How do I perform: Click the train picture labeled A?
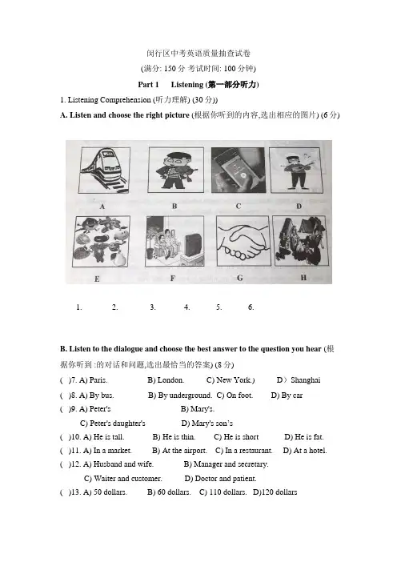104,171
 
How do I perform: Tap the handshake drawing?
243,240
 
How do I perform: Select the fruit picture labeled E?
102,241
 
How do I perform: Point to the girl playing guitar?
298,170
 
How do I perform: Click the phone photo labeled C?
239,171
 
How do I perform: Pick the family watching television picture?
174,241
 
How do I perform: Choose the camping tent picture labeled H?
301,240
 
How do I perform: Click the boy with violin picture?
176,171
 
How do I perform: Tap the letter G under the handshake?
239,278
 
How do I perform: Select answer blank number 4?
186,307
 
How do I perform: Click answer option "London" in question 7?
166,380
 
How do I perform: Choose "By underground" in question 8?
180,395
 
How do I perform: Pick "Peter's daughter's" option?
113,424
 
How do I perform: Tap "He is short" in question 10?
236,437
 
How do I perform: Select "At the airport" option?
179,451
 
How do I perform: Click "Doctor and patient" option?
220,479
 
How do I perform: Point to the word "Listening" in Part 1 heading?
187,85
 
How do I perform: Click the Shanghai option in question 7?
299,380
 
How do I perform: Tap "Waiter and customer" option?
123,479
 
